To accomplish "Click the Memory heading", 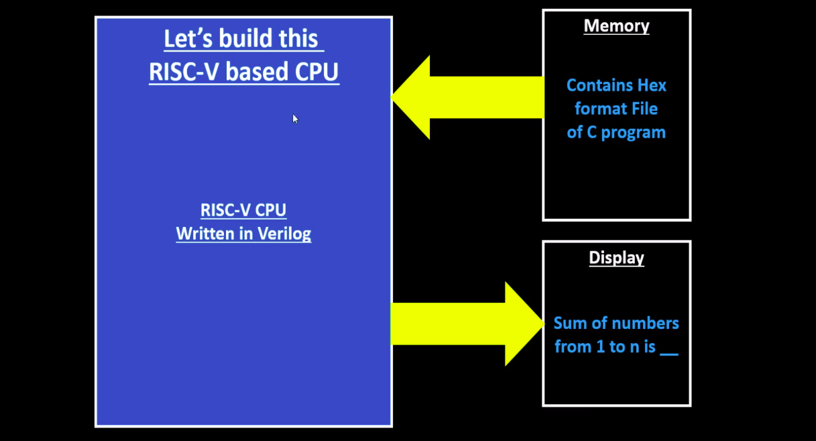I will pos(616,26).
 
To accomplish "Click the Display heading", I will pos(616,258).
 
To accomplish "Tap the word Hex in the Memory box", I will pos(652,86).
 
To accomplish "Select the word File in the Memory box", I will pos(644,109).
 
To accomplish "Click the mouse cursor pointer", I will pos(295,118).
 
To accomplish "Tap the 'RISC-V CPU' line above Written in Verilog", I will pos(243,210).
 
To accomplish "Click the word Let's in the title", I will pos(187,39).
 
